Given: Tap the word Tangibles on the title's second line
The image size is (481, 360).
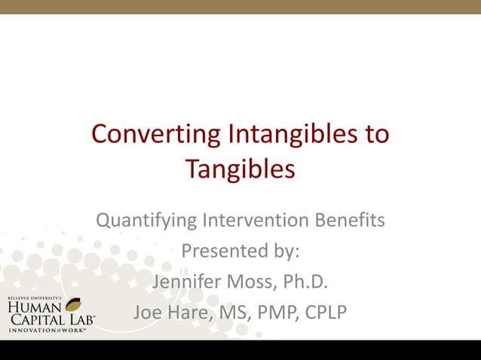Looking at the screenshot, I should coord(240,169).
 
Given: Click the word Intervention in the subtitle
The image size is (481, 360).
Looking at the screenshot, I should coord(251,221).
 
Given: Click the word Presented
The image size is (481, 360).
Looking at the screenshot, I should coord(220,251).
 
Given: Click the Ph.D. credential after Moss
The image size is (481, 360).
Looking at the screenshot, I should coord(309,281).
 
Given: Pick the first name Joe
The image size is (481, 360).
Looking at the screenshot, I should coord(148,311).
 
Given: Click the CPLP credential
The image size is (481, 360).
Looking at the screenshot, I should coord(326,311).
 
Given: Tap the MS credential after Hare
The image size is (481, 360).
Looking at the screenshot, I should coord(230,311).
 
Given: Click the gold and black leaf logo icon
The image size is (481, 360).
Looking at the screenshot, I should coord(75,305).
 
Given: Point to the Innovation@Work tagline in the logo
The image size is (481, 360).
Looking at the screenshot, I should coord(47,330).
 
